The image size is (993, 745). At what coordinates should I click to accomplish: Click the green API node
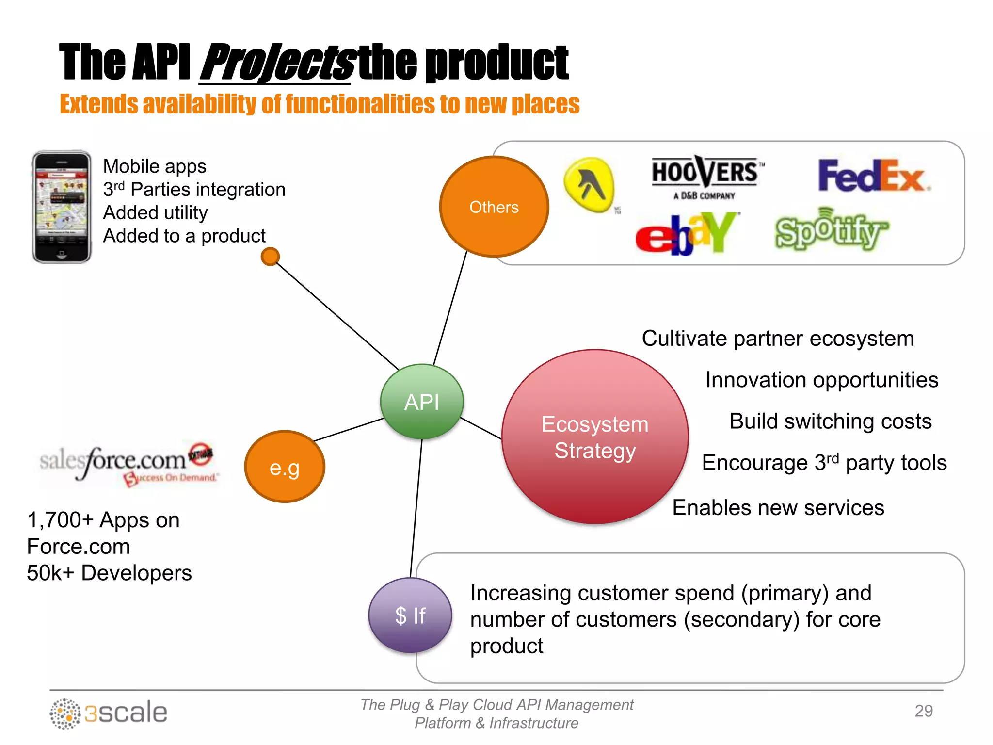[x=422, y=402]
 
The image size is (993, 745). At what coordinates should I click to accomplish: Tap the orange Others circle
[x=494, y=207]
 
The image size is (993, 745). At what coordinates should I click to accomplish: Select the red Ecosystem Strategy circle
[x=595, y=437]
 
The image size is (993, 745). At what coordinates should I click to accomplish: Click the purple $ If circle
[x=410, y=615]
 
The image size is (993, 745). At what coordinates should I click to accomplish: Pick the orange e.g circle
[x=285, y=467]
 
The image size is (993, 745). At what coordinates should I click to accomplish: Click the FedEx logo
[x=873, y=176]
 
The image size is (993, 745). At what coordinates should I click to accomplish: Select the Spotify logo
[x=831, y=230]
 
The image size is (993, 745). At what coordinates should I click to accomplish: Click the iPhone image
[x=62, y=207]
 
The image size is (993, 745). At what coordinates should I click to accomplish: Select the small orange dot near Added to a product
[x=270, y=257]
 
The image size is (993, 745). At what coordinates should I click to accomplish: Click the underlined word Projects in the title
[x=276, y=63]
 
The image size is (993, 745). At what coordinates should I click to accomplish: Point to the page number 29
[x=923, y=711]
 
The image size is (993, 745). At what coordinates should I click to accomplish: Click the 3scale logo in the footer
[x=109, y=713]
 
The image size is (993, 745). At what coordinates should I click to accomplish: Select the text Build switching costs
[x=830, y=421]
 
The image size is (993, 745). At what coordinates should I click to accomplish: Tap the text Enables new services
[x=778, y=508]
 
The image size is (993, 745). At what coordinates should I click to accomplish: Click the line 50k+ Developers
[x=109, y=573]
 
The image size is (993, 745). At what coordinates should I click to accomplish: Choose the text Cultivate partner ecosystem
[x=778, y=339]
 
